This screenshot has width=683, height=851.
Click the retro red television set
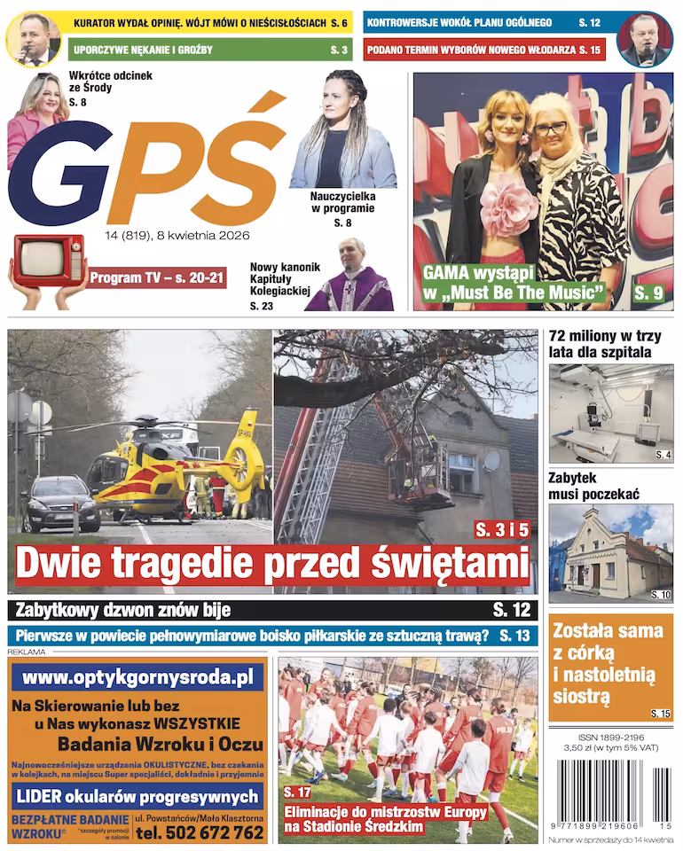pyautogui.click(x=50, y=260)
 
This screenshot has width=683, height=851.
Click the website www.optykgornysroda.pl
pyautogui.click(x=137, y=678)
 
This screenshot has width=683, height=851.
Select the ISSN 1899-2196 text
pyautogui.click(x=610, y=738)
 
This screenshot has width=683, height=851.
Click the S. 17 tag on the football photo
pyautogui.click(x=297, y=792)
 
